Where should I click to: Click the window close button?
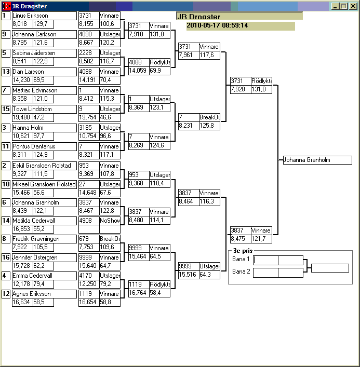click(352, 6)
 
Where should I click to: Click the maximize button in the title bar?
click(344, 6)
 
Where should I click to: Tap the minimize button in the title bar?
click(336, 6)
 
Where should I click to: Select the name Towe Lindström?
click(32, 109)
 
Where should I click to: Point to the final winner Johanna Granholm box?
click(317, 160)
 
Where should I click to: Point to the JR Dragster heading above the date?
click(192, 17)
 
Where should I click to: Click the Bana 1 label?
click(241, 259)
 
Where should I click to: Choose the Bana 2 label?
click(241, 271)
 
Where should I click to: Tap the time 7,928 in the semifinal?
click(239, 89)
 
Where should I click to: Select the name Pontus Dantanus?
click(33, 146)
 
